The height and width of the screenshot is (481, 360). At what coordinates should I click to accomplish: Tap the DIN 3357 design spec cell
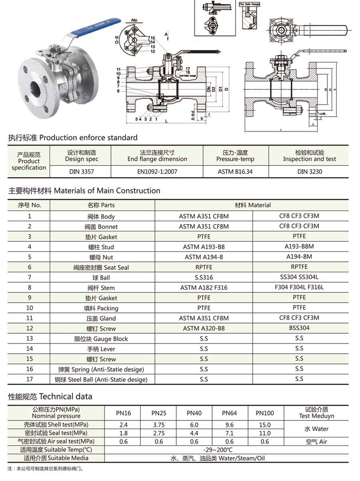(82, 172)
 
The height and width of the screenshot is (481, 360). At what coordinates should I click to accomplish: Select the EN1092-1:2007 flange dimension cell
(158, 172)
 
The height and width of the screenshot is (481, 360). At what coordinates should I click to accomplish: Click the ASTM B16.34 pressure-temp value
(236, 172)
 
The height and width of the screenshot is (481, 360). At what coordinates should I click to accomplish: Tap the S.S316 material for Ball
(204, 277)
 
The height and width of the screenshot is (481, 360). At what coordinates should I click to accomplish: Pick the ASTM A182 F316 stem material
(204, 288)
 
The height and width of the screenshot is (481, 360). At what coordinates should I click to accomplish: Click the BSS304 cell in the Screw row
(299, 328)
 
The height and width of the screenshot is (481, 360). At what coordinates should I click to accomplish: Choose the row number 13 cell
(29, 339)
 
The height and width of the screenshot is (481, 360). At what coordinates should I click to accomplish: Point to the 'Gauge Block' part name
(101, 339)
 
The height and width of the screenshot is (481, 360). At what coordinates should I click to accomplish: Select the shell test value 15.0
(264, 425)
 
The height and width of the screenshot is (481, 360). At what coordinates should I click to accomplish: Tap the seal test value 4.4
(194, 433)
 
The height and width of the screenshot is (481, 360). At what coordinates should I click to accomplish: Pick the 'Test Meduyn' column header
(316, 413)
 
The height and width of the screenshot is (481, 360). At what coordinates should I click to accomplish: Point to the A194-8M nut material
(299, 257)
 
